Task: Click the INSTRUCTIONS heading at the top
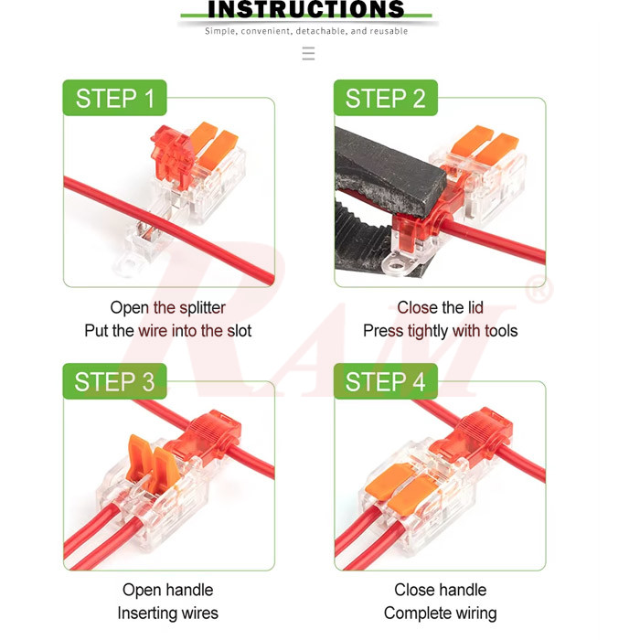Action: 306,9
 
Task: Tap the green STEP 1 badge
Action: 114,99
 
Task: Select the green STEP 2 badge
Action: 385,99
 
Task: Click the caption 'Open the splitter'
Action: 167,308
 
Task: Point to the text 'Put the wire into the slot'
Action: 167,331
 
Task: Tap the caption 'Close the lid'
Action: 440,308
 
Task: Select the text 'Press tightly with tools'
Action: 440,331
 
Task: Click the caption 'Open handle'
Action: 167,591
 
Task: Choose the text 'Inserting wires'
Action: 167,613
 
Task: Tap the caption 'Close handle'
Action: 440,591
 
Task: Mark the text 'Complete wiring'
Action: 440,613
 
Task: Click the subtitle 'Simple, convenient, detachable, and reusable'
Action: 306,31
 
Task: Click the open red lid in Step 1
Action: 170,151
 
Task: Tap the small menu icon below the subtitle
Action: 308,54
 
